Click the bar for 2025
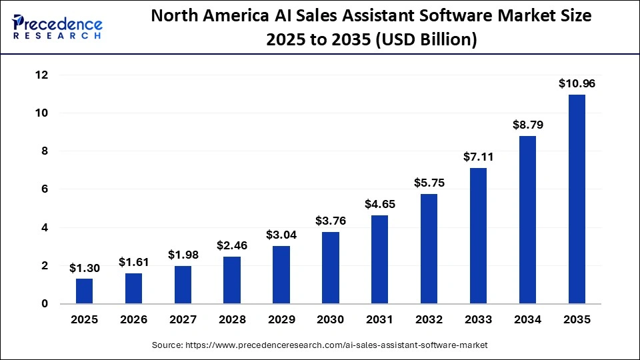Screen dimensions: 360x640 point(85,291)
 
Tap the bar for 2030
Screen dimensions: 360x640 point(331,267)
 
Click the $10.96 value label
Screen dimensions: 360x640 point(577,83)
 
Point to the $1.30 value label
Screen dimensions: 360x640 point(85,267)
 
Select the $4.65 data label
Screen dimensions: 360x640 point(380,204)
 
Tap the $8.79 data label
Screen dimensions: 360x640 point(527,125)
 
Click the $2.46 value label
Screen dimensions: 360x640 point(232,245)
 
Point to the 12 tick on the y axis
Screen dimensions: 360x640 point(41,75)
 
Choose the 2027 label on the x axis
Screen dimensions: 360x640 point(183,320)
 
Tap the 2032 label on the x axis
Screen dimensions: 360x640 point(429,320)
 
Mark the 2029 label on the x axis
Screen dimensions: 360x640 point(281,320)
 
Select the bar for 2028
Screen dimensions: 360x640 point(232,280)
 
